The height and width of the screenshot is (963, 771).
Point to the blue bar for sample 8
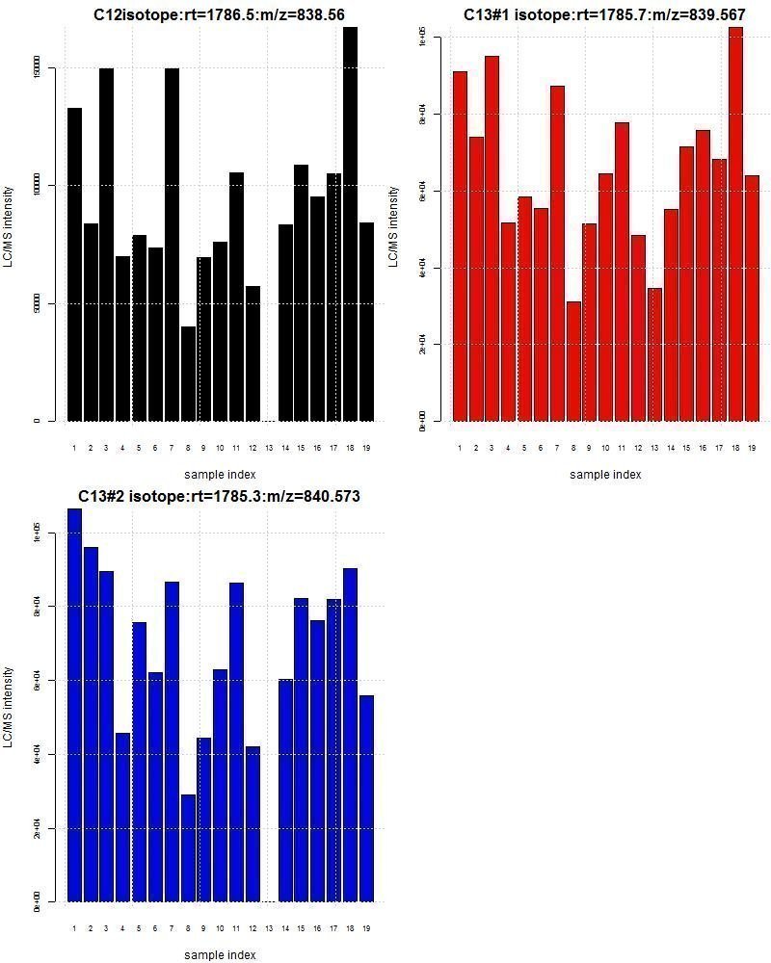pyautogui.click(x=188, y=847)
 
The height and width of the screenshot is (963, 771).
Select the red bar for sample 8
pyautogui.click(x=573, y=361)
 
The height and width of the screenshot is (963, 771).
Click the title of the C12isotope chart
pyautogui.click(x=219, y=14)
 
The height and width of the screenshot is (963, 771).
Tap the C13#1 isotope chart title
pyautogui.click(x=604, y=14)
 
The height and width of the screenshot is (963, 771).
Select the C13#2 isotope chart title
pyautogui.click(x=219, y=496)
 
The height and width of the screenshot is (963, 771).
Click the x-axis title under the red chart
pyautogui.click(x=604, y=474)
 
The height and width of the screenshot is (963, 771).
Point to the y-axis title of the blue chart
pyautogui.click(x=9, y=707)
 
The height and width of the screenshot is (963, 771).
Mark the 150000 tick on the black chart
pyautogui.click(x=36, y=68)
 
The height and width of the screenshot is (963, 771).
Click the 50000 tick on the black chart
pyautogui.click(x=36, y=303)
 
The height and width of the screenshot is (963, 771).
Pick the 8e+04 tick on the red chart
pyautogui.click(x=421, y=115)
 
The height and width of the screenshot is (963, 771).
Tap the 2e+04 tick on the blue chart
pyautogui.click(x=36, y=828)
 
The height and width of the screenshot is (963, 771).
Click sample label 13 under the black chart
pyautogui.click(x=269, y=448)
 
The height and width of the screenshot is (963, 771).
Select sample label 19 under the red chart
pyautogui.click(x=752, y=448)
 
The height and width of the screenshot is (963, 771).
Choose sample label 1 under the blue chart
pyautogui.click(x=74, y=928)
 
